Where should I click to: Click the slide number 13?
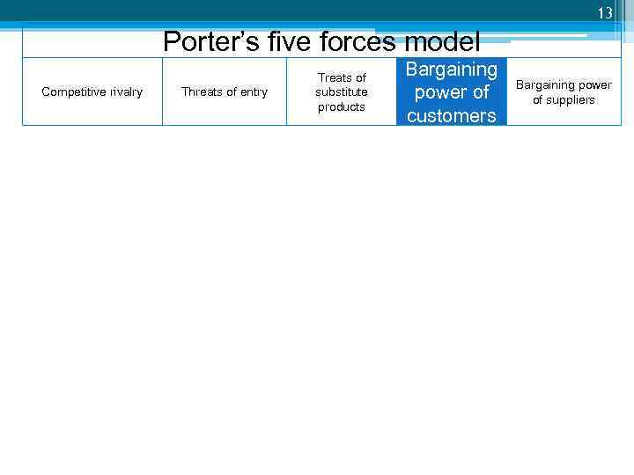604,13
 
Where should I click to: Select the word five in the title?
276,41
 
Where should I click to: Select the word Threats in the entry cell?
202,92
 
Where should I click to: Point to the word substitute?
342,92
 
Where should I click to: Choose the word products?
342,106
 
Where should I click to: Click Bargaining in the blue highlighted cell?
452,69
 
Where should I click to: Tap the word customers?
452,115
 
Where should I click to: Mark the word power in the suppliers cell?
596,85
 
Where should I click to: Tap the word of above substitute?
360,78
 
